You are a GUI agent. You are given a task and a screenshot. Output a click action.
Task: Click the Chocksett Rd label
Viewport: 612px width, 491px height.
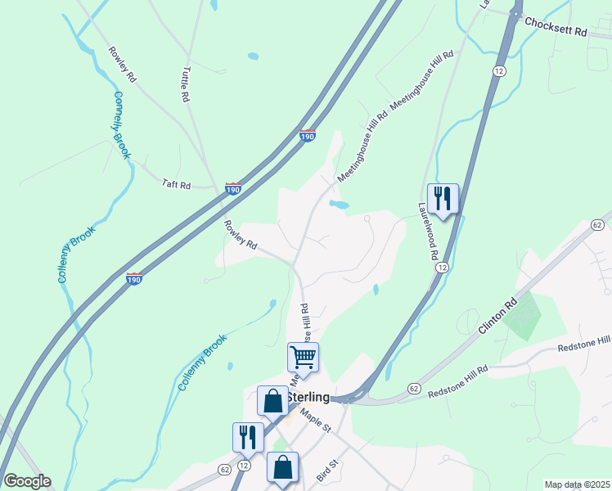(x=556, y=27)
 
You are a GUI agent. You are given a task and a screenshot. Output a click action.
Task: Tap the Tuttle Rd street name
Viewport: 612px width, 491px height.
(x=184, y=83)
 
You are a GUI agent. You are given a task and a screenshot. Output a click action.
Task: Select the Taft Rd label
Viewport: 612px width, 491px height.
(x=175, y=186)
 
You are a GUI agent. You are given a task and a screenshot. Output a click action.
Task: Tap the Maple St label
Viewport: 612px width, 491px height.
(x=313, y=422)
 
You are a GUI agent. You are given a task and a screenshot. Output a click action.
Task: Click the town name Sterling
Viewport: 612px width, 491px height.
(x=308, y=398)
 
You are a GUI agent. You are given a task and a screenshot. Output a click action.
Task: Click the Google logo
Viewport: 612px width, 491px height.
(x=26, y=481)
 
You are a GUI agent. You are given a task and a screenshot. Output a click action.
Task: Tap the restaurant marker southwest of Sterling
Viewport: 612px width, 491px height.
(x=248, y=437)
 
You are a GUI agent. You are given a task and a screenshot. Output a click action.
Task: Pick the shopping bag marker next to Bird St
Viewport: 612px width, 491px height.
(x=282, y=469)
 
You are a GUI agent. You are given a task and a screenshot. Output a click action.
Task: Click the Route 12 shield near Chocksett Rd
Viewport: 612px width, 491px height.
(x=498, y=71)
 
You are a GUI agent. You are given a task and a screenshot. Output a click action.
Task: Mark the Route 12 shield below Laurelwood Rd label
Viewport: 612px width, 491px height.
(x=442, y=267)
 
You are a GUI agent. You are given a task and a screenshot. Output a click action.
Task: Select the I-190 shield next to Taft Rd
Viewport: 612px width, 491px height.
(x=233, y=189)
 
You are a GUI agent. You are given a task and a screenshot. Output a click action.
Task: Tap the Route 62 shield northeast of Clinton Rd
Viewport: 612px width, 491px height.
(x=596, y=224)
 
